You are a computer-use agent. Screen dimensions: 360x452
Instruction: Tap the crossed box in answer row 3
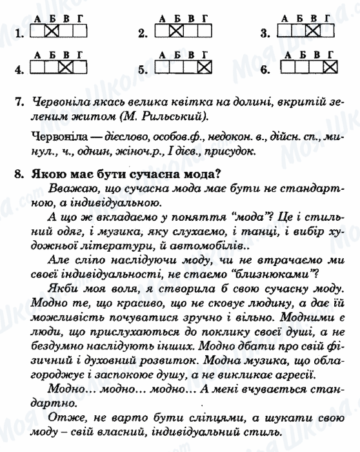click(x=314, y=30)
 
